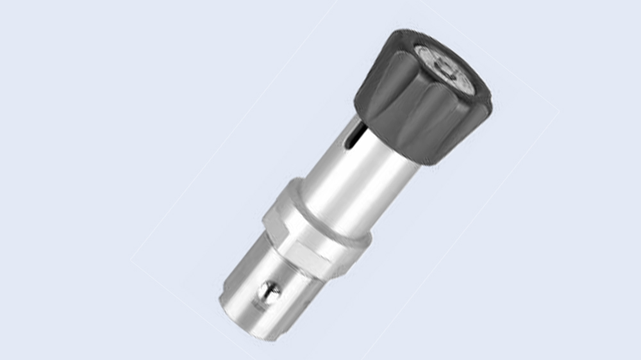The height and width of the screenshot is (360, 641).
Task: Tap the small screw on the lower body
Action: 269,292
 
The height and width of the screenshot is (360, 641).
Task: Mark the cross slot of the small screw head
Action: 269,292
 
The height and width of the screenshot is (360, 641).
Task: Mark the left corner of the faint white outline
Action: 131,261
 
